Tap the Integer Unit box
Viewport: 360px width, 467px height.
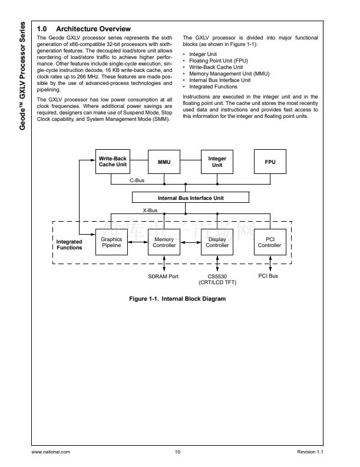217,162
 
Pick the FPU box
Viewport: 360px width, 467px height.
270,162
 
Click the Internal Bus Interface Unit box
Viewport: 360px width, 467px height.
190,198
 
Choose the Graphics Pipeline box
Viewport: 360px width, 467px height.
111,242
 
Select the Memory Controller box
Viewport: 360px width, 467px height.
164,242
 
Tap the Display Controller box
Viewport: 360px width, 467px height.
217,242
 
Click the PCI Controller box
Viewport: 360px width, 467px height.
270,242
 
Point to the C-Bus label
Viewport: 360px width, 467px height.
137,179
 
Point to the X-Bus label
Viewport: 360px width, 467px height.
150,210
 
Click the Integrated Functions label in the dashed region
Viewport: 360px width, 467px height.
70,245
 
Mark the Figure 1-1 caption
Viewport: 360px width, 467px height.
177,298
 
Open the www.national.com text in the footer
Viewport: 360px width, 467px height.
53,452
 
